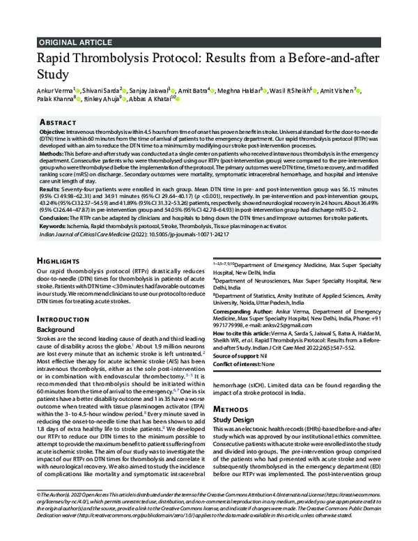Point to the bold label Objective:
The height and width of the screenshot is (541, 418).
point(53,131)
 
